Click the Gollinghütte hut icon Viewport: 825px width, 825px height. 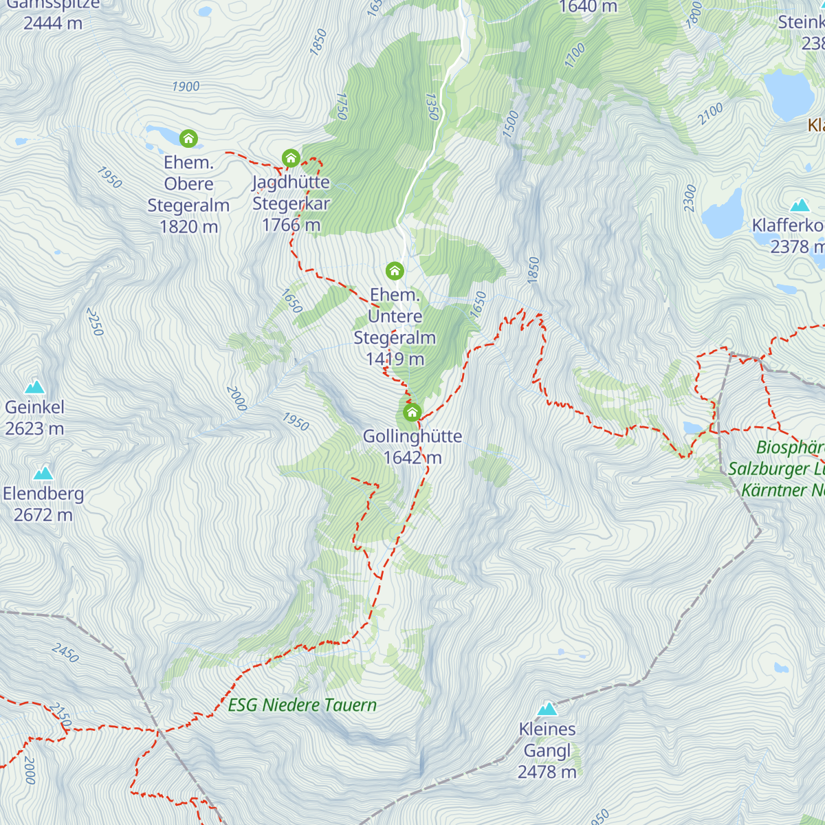pyautogui.click(x=412, y=412)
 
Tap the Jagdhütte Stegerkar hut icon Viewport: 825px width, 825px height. pyautogui.click(x=291, y=158)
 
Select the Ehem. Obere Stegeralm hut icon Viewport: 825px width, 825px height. pyautogui.click(x=188, y=139)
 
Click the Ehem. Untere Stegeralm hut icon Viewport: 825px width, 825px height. pyautogui.click(x=395, y=270)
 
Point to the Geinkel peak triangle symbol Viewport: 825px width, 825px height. pyautogui.click(x=34, y=387)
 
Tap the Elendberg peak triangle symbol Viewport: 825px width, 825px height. pyautogui.click(x=43, y=473)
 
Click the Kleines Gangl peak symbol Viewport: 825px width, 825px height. pyautogui.click(x=547, y=709)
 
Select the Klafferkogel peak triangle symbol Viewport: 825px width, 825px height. pyautogui.click(x=800, y=206)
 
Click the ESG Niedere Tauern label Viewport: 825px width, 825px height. pyautogui.click(x=302, y=705)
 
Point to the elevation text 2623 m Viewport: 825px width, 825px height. pyautogui.click(x=34, y=429)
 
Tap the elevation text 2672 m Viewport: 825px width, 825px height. pyautogui.click(x=43, y=515)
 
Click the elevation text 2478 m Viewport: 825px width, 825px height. pyautogui.click(x=547, y=772)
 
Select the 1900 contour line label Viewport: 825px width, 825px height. pyautogui.click(x=186, y=87)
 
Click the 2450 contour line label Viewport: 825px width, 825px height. pyautogui.click(x=65, y=652)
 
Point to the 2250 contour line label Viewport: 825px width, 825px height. pyautogui.click(x=95, y=322)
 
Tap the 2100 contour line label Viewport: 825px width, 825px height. pyautogui.click(x=711, y=113)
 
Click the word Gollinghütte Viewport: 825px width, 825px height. pyautogui.click(x=412, y=437)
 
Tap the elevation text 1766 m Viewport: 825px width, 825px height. pyautogui.click(x=291, y=225)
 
